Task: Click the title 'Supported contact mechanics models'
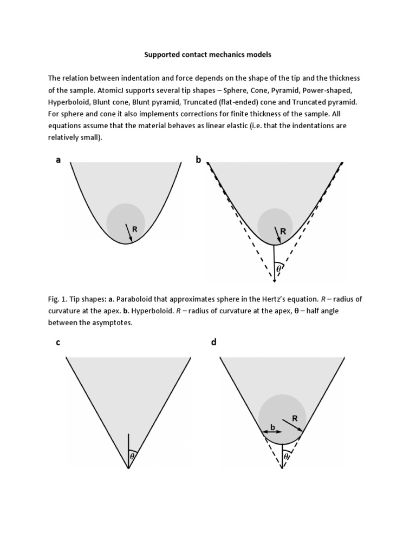(208, 55)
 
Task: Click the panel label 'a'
(58, 160)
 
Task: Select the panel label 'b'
(198, 160)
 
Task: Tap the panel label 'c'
(58, 344)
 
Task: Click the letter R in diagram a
(135, 229)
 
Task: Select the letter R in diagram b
(283, 231)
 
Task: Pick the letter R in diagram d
(295, 419)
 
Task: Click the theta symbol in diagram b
(278, 268)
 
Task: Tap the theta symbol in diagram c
(132, 457)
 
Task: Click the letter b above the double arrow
(272, 427)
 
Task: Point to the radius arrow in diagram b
(277, 234)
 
